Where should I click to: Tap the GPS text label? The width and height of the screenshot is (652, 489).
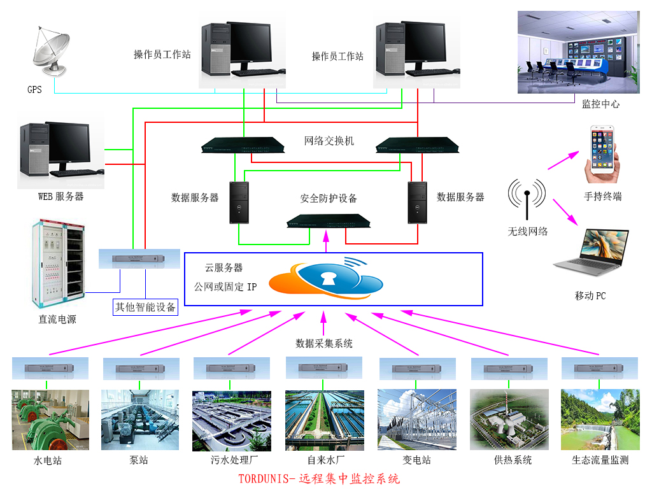34,90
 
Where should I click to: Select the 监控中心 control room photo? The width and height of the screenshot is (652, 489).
578,52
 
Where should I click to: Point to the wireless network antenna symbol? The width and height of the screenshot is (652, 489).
527,195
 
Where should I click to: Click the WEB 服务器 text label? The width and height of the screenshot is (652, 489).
61,197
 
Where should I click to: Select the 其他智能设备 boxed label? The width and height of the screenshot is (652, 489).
145,307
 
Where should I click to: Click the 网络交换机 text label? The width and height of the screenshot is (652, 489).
329,141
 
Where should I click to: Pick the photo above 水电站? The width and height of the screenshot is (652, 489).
50,420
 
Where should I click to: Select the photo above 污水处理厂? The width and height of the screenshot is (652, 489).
232,420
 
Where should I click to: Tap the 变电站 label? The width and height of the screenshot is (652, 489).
417,460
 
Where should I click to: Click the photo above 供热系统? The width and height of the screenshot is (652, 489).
509,420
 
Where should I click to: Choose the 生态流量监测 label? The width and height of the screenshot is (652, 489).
600,460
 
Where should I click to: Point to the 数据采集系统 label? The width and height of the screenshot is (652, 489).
324,343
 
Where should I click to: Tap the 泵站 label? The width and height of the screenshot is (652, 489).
139,460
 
